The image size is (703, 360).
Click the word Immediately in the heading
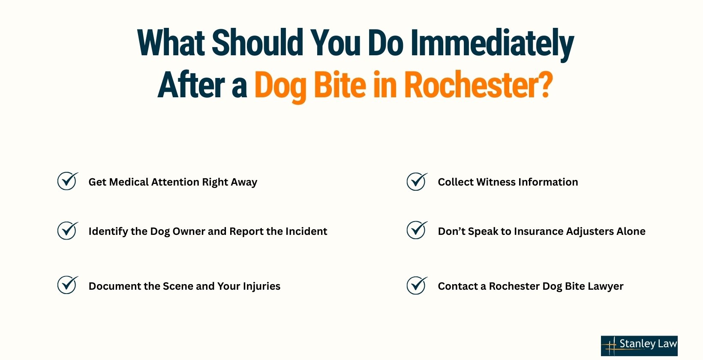[492, 43]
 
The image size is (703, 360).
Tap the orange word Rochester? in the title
[478, 85]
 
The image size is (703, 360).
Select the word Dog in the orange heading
[280, 85]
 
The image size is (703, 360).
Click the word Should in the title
[258, 43]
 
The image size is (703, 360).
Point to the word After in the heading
[191, 85]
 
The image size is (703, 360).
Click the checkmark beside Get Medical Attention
[68, 181]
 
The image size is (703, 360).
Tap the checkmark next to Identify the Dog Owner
[68, 231]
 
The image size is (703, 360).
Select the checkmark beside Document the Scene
[68, 285]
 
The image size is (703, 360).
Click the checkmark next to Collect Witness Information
[417, 181]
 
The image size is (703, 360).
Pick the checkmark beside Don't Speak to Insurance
[417, 231]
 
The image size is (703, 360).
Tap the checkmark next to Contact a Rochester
[417, 285]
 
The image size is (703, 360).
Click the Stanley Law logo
[639, 345]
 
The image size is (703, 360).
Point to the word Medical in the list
[129, 182]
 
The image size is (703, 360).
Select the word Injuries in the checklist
[261, 286]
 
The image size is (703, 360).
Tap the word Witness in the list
[496, 182]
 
